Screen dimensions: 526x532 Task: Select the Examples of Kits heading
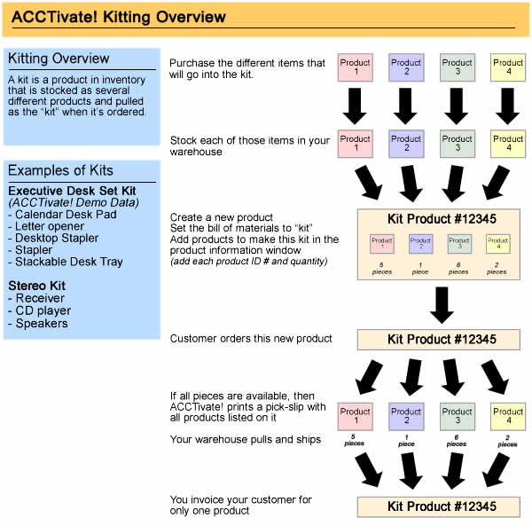pos(60,170)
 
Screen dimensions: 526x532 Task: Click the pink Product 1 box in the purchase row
pos(356,68)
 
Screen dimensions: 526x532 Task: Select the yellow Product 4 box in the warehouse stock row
pos(508,145)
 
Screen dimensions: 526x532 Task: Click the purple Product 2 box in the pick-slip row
pos(406,417)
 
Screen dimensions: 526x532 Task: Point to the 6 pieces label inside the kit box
pos(458,269)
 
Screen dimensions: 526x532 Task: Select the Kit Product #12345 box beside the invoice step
pos(436,506)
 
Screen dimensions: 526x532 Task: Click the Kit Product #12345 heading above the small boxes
pos(436,218)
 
